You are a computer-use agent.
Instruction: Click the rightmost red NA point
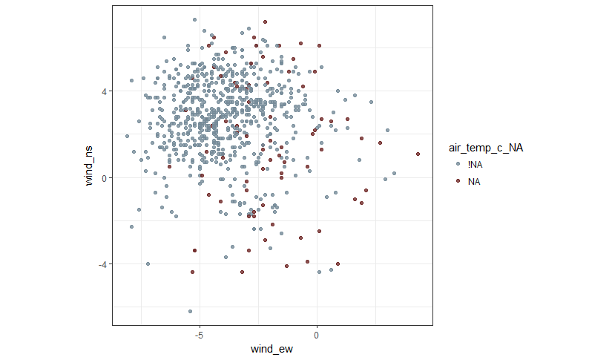pos(418,154)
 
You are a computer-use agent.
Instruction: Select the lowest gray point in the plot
pos(190,311)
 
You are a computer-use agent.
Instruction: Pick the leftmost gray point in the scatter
pos(127,136)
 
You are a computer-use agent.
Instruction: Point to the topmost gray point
pos(194,20)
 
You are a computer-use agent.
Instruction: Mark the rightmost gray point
pos(394,173)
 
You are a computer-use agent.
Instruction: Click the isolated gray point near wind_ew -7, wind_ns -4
pos(148,264)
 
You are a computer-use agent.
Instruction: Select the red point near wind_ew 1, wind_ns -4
pos(338,264)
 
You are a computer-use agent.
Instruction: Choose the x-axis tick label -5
pos(198,334)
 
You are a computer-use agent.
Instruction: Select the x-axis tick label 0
pos(317,334)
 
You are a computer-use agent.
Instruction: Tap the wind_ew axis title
pos(272,349)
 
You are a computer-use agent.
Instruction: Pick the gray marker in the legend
pos(458,164)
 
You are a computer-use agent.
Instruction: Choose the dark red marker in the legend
pos(458,181)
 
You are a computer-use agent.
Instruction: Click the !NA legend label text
pos(475,164)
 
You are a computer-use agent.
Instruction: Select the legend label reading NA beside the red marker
pos(474,181)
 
